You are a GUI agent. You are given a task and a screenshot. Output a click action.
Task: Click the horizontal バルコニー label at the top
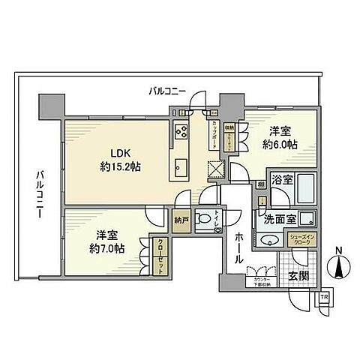167,91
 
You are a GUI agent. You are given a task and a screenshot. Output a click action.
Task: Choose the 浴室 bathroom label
282,181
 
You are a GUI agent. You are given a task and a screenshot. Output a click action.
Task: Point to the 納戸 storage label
180,221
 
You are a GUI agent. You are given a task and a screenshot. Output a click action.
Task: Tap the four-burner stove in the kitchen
181,133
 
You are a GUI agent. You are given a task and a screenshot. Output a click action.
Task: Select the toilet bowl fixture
202,220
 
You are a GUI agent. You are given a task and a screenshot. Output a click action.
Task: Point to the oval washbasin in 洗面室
268,241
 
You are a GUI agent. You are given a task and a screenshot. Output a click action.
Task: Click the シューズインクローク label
303,239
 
